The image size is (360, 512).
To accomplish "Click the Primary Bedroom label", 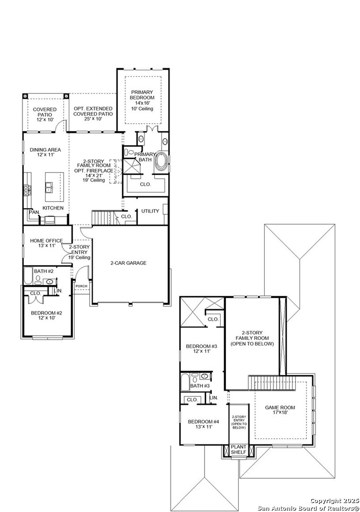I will click(x=143, y=97).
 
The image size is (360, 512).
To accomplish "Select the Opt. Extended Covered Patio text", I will click(x=93, y=111).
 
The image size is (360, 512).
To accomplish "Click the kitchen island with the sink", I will click(x=54, y=186).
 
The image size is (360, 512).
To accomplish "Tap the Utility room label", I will click(x=150, y=211).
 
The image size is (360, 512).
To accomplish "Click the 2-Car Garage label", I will click(x=128, y=263).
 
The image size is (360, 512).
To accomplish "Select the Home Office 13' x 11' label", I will click(x=46, y=243).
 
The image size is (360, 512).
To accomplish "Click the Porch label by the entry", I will click(x=81, y=286).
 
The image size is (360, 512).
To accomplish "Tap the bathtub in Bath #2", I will click(x=28, y=276).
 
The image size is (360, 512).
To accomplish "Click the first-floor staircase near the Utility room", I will click(x=100, y=218).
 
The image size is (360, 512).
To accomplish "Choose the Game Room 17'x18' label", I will click(x=279, y=410).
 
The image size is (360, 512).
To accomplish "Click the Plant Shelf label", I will click(x=238, y=449).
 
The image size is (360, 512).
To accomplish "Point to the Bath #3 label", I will click(x=199, y=386).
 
